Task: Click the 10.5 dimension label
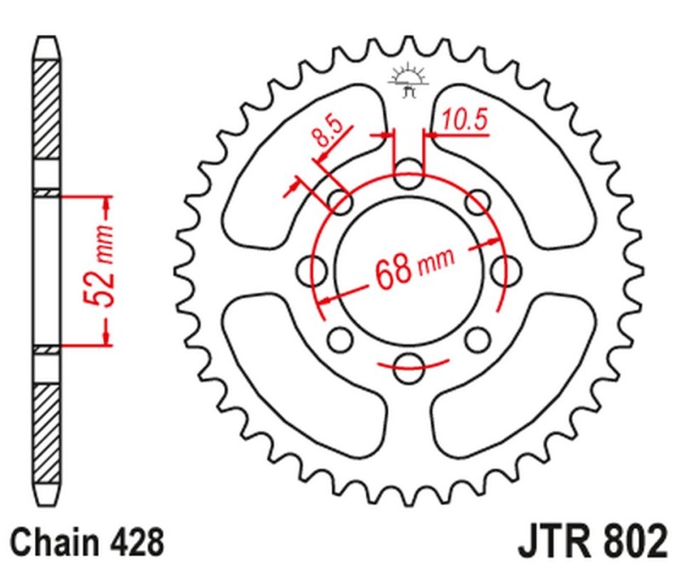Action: tap(464, 121)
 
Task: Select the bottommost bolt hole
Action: tap(409, 367)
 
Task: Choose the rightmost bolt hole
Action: tap(504, 272)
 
